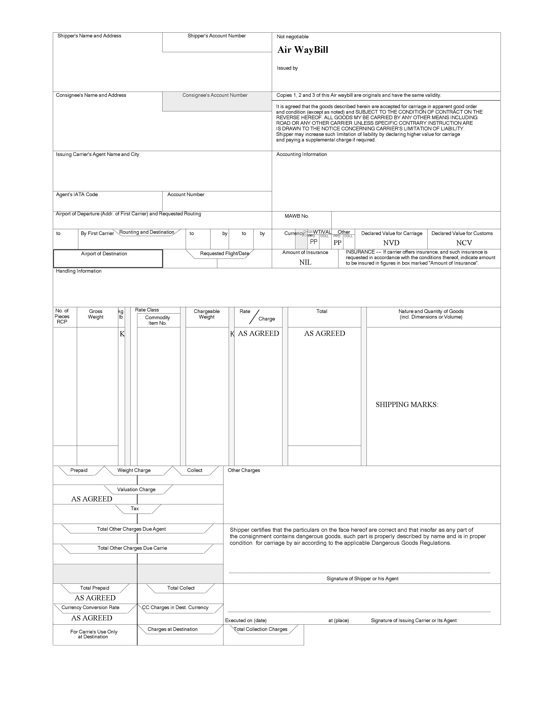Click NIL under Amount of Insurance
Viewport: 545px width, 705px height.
[305, 262]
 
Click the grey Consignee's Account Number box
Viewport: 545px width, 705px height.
[217, 102]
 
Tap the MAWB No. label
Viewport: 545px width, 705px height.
[296, 216]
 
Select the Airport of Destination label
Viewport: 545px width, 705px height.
[104, 254]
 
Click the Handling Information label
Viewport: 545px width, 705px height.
[79, 271]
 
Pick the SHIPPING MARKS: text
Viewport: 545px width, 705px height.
[407, 404]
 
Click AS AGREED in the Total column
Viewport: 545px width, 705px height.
[324, 333]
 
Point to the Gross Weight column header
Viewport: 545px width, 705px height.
[96, 314]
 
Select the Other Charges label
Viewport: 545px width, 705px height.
[244, 470]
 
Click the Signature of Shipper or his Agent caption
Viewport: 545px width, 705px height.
[362, 579]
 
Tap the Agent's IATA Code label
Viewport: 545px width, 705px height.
[77, 195]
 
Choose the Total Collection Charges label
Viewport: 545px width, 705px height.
[260, 629]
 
